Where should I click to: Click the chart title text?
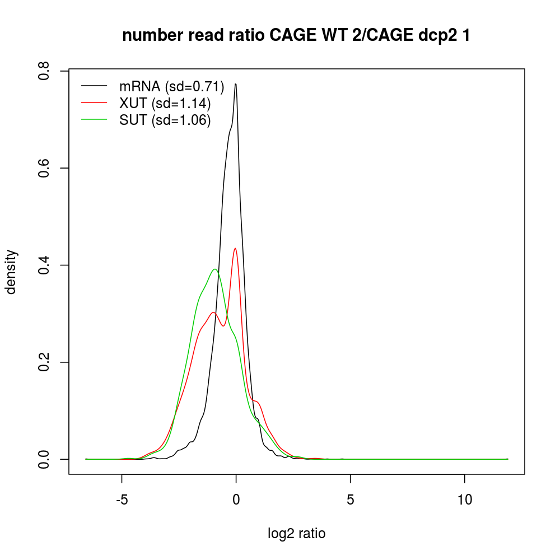click(x=296, y=36)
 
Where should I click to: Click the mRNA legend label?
click(x=171, y=86)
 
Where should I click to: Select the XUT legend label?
click(x=165, y=104)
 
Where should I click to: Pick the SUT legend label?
click(x=165, y=121)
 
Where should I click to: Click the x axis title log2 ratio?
click(x=296, y=534)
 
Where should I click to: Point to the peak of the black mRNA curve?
click(x=236, y=85)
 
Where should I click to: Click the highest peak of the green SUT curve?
click(x=215, y=269)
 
